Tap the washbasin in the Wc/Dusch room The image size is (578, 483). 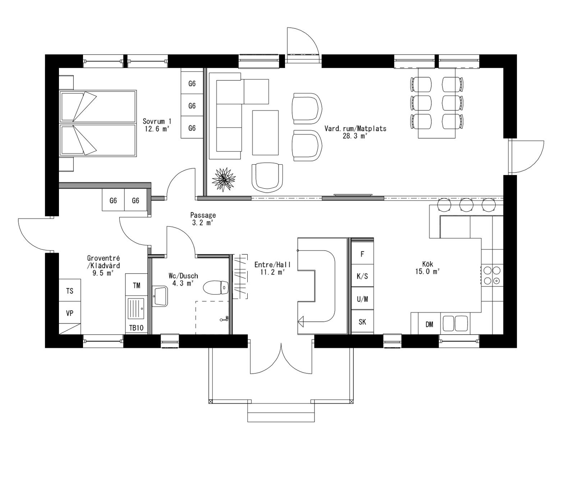[160, 296]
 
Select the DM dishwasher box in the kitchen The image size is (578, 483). [429, 324]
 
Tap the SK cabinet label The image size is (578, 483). [362, 322]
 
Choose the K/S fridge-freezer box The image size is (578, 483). [362, 276]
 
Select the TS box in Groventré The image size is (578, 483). [70, 290]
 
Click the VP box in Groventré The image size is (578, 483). [70, 313]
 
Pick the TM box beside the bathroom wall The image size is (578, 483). [137, 285]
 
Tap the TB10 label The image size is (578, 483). [137, 328]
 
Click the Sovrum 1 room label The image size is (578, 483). [157, 121]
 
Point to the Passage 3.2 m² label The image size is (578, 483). [203, 219]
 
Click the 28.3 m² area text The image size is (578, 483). [355, 136]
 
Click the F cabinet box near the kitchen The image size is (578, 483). [362, 254]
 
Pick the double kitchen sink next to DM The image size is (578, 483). [455, 323]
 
